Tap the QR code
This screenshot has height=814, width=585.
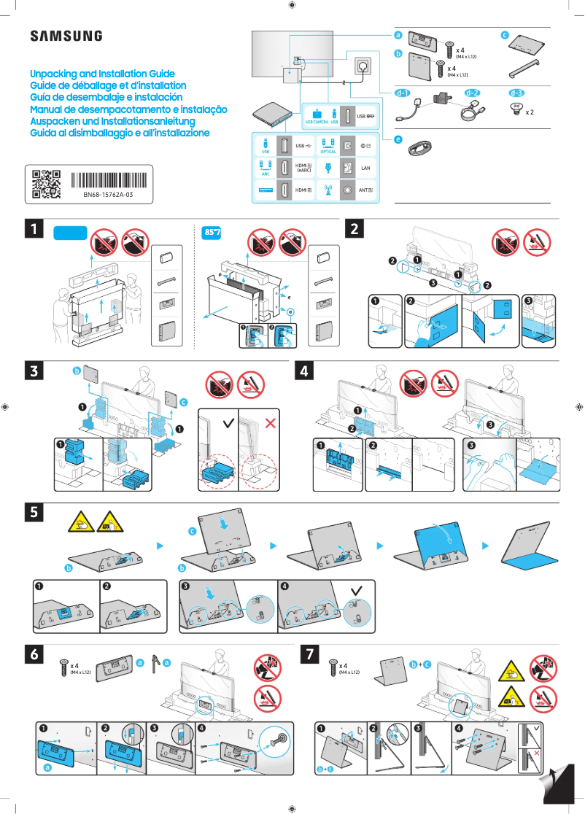pyautogui.click(x=46, y=185)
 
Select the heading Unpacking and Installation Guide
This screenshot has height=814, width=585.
pyautogui.click(x=102, y=74)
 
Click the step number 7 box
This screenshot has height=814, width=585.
pyautogui.click(x=311, y=654)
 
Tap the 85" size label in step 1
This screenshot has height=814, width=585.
pyautogui.click(x=212, y=233)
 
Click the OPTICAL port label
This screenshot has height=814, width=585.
pyautogui.click(x=328, y=152)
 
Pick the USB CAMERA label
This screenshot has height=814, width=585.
pyautogui.click(x=317, y=122)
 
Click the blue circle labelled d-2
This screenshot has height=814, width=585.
pyautogui.click(x=473, y=93)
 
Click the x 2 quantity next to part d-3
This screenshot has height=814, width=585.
pyautogui.click(x=530, y=113)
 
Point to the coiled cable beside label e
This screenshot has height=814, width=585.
pyautogui.click(x=420, y=148)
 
